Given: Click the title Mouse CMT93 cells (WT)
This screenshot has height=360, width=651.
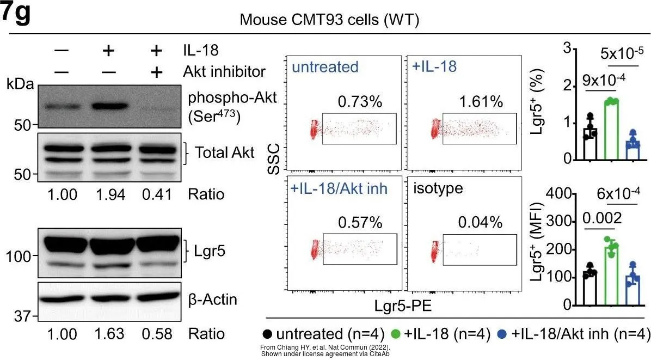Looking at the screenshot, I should click(x=325, y=21).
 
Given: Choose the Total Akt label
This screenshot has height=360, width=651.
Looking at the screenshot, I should click(x=224, y=153).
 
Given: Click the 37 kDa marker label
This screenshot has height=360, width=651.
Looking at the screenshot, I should click(x=21, y=316).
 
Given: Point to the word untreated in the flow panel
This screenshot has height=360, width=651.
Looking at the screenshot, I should click(x=325, y=67).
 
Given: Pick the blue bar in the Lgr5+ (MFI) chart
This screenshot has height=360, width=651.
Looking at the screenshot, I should click(x=633, y=290).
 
